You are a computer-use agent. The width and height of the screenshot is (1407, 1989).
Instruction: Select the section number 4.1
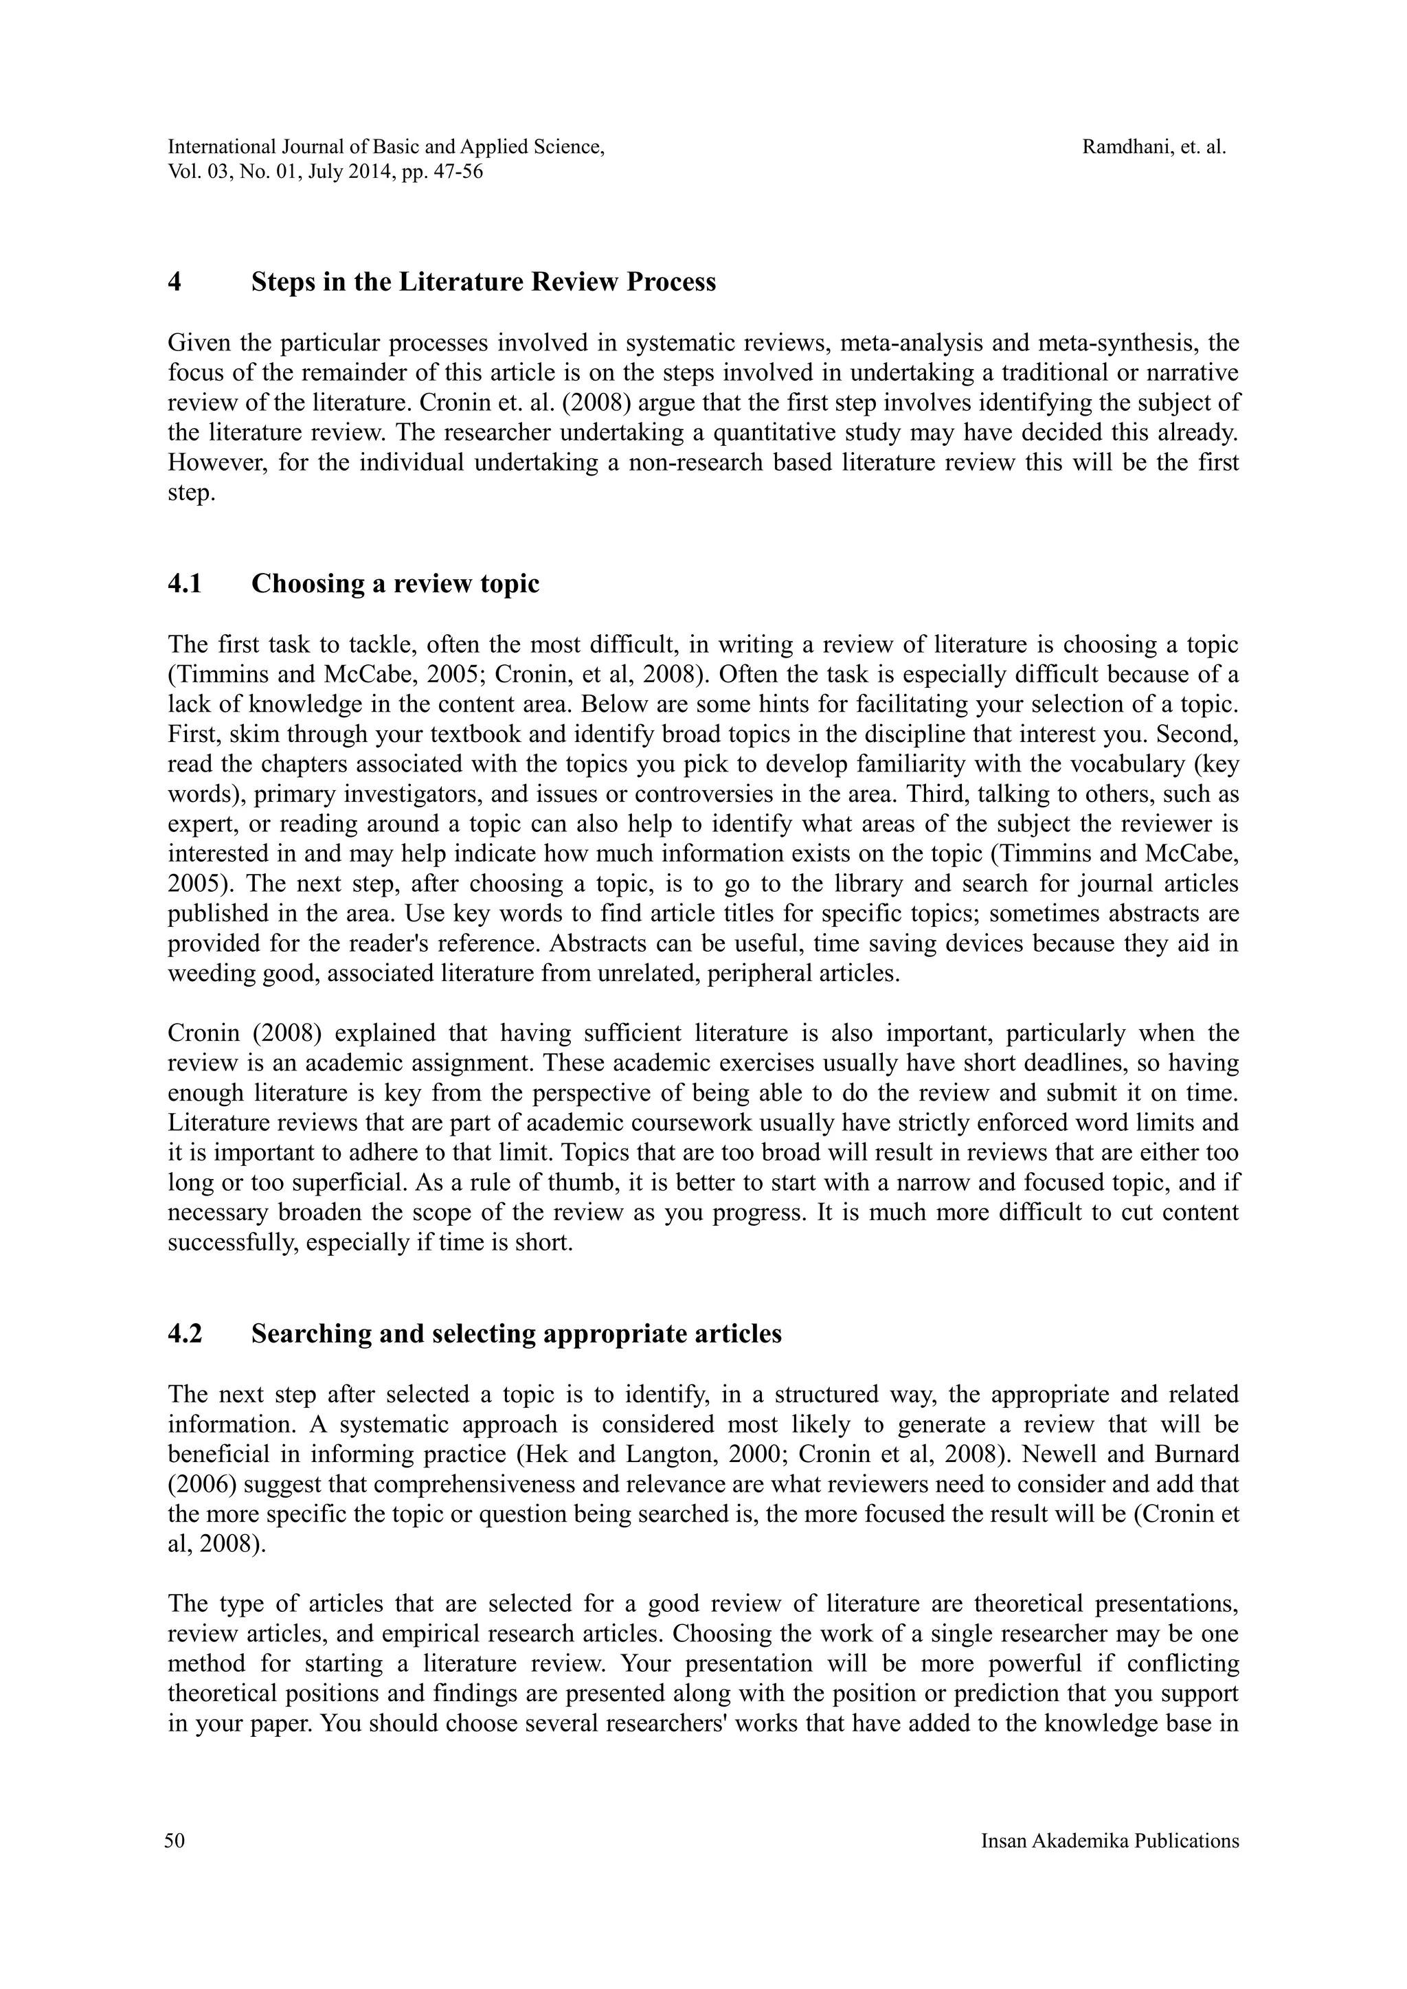tap(185, 584)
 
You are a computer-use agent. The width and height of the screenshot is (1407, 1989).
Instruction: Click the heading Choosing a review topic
tap(395, 584)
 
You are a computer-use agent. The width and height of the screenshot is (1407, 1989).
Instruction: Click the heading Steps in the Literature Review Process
tap(484, 282)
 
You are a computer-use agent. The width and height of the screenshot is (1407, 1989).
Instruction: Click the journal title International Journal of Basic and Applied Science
tap(385, 147)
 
